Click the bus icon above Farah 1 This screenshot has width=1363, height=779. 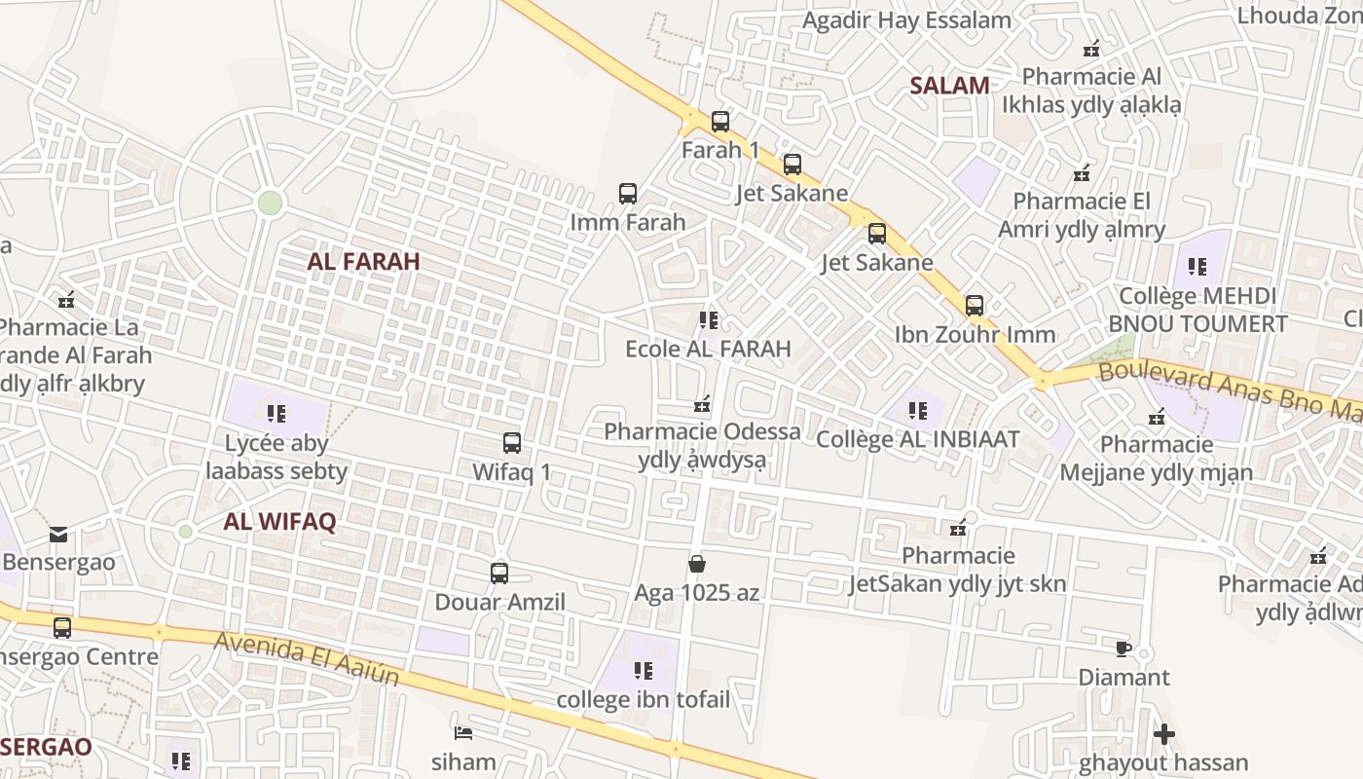[720, 122]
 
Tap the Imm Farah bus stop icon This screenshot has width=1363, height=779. [628, 194]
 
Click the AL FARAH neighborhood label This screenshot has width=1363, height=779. [363, 261]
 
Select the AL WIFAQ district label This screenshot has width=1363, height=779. [279, 521]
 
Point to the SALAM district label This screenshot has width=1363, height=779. [949, 86]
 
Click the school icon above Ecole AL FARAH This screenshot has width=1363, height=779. [709, 319]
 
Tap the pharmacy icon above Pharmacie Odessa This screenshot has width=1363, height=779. [702, 403]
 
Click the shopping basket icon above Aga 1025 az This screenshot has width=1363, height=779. [697, 563]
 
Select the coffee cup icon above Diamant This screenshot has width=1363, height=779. [1123, 649]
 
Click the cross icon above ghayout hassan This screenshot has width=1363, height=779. [1163, 733]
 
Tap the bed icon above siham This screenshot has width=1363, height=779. [463, 732]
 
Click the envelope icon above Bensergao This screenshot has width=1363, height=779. [58, 534]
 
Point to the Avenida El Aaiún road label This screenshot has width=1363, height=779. [307, 659]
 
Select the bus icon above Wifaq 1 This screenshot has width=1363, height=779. [512, 443]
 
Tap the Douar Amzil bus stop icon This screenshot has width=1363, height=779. [499, 574]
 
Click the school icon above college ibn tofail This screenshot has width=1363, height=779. [644, 670]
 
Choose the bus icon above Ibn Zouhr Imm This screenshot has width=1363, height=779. [975, 306]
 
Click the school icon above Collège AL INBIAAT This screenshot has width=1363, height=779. [917, 411]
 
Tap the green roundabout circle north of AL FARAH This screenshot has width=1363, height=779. [270, 203]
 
